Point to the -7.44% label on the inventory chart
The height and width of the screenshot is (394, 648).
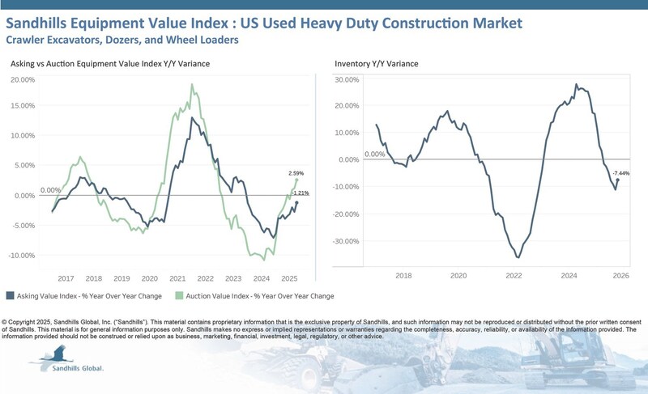pyautogui.click(x=622, y=174)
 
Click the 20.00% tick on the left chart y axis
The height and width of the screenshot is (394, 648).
pyautogui.click(x=23, y=80)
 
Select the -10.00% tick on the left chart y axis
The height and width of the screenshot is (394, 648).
pyautogui.click(x=23, y=256)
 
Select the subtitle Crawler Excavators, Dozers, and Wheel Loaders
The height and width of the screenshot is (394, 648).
pyautogui.click(x=122, y=38)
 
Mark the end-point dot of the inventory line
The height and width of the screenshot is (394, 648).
pyautogui.click(x=618, y=180)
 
